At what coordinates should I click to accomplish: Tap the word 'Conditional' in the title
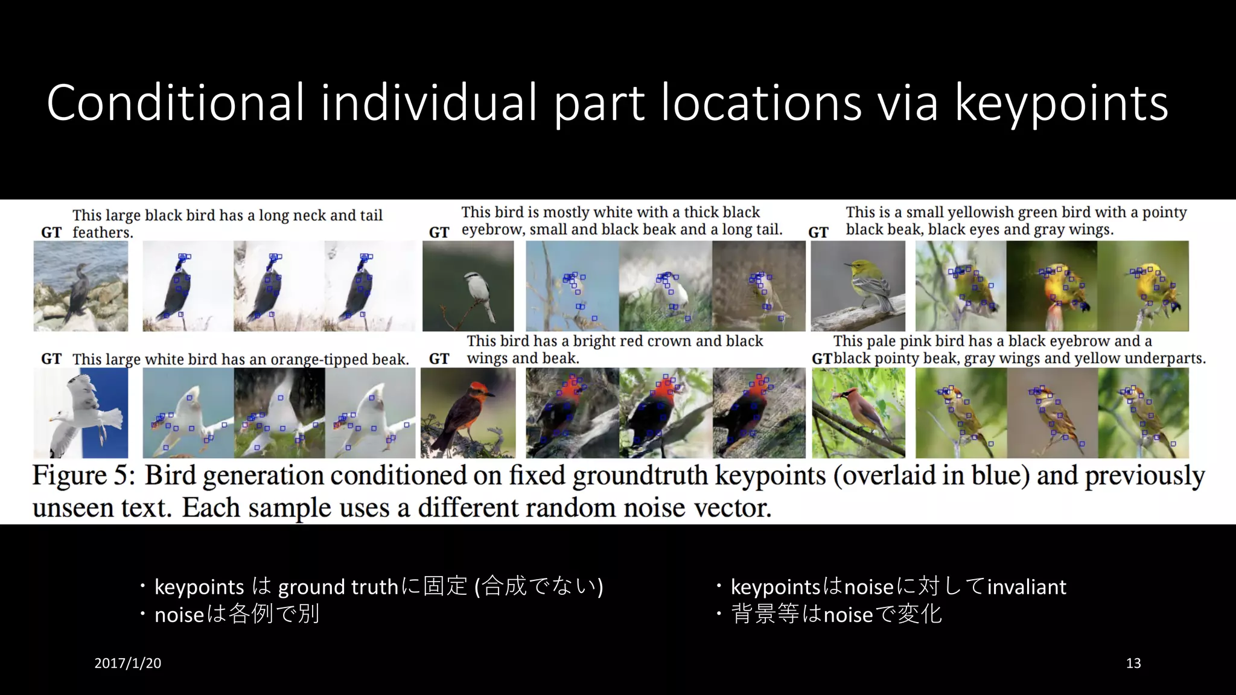(175, 103)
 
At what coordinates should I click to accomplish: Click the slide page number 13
(1133, 663)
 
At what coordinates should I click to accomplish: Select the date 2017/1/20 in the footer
(127, 663)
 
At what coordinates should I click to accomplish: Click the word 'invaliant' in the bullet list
(1027, 586)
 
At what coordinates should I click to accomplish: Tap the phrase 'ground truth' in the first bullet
(338, 586)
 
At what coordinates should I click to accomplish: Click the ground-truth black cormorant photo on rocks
(81, 286)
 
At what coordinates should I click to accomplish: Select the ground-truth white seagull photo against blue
(81, 413)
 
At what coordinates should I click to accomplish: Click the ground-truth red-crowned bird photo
(468, 413)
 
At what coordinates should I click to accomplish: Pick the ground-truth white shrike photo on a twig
(468, 286)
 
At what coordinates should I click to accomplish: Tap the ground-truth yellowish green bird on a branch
(858, 286)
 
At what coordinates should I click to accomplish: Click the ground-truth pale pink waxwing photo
(858, 413)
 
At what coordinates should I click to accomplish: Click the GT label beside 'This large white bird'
(51, 359)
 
